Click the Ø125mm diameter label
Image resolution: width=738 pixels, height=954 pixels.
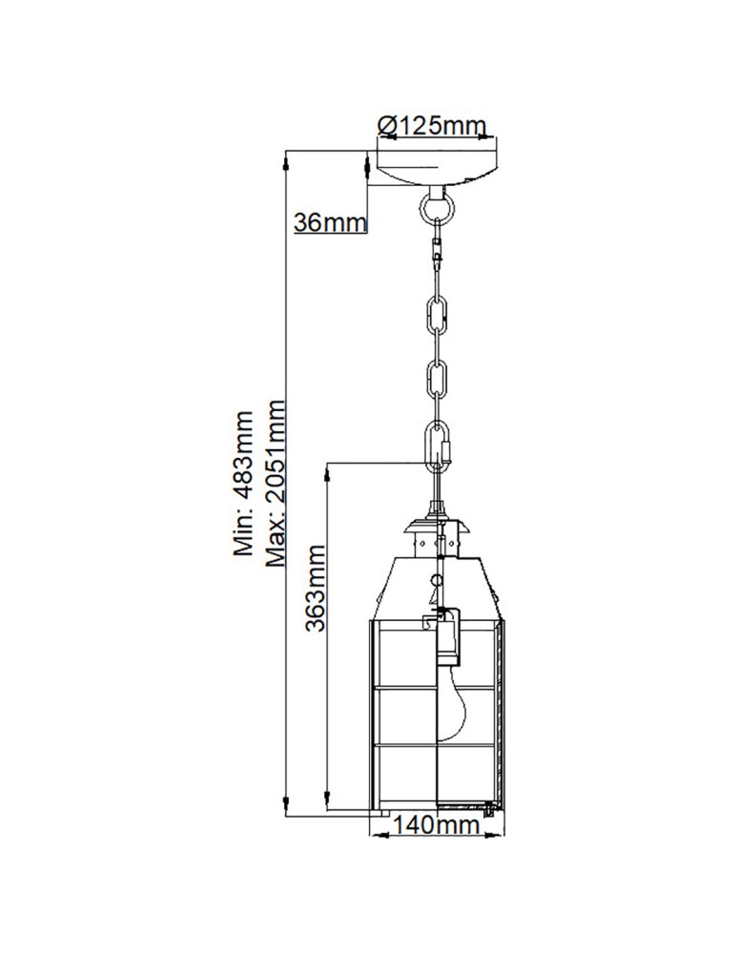click(432, 125)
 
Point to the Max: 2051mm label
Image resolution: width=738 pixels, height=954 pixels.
click(277, 484)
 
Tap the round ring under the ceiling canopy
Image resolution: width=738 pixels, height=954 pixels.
click(438, 205)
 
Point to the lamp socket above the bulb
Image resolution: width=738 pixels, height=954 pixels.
click(446, 640)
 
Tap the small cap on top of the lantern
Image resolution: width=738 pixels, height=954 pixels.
click(438, 527)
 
